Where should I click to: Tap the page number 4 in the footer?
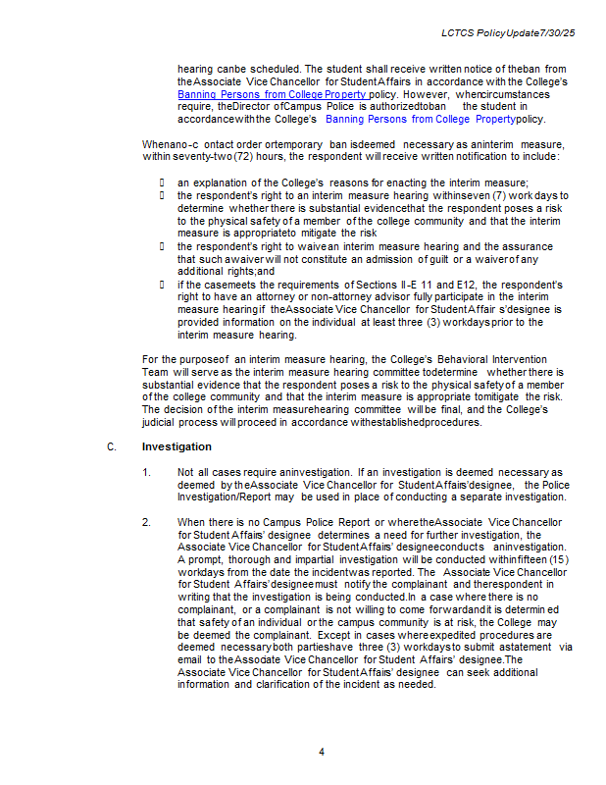(x=321, y=752)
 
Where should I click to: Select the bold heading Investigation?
(x=177, y=446)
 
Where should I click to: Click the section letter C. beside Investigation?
(x=112, y=446)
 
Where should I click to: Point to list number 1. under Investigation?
(x=146, y=472)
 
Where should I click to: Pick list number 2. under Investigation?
(x=146, y=522)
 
